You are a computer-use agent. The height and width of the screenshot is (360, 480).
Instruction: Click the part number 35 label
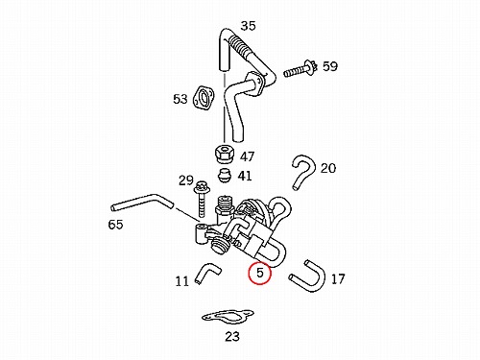pos(248,26)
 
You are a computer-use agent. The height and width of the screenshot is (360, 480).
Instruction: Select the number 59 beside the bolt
pos(330,66)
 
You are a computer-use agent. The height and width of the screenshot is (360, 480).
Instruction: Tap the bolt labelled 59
pos(300,69)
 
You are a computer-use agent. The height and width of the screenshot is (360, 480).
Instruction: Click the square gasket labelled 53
pos(204,98)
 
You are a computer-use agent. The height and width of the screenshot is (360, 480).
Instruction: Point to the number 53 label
pos(180,99)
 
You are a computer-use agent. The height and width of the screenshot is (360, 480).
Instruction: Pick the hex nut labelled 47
pos(224,155)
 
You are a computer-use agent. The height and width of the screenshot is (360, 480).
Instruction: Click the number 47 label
pos(247,156)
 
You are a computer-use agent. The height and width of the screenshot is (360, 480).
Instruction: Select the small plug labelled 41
pos(225,176)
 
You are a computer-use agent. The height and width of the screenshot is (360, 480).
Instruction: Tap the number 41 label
pos(245,176)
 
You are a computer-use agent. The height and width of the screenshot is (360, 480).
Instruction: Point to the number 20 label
pos(328,168)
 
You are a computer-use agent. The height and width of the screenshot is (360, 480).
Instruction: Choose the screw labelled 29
pos(201,200)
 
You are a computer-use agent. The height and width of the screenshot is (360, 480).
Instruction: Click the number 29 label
pos(186,180)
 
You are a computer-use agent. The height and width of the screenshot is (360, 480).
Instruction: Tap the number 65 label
pos(115,225)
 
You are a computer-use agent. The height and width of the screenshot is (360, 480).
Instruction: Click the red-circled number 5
pos(260,273)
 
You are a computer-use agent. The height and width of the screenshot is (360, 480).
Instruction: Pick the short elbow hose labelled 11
pos(204,272)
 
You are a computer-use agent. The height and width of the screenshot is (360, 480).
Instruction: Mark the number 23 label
pos(232,336)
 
